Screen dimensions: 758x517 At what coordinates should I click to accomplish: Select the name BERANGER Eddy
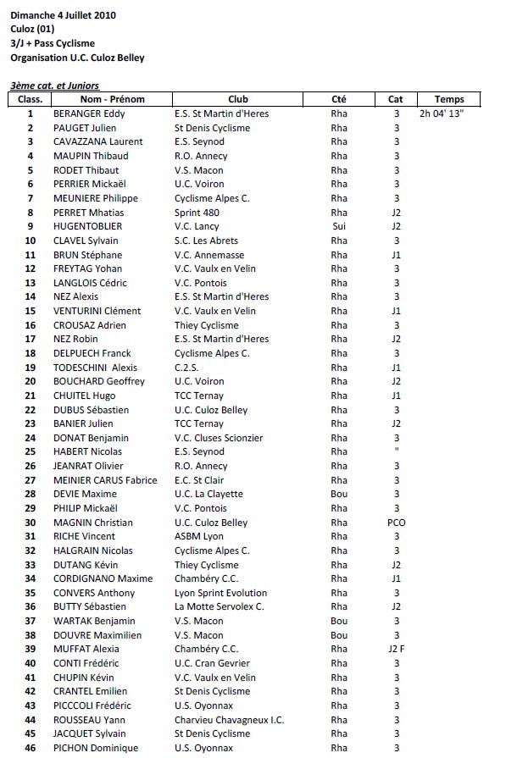(x=89, y=113)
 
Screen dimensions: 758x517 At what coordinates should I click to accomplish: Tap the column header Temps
(x=448, y=99)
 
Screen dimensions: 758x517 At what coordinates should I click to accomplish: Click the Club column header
(x=238, y=99)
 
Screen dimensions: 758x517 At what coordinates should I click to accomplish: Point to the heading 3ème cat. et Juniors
(x=55, y=86)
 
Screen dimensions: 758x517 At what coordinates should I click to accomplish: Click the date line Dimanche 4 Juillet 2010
(x=64, y=15)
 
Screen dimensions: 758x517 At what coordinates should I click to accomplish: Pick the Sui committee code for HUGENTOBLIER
(x=339, y=226)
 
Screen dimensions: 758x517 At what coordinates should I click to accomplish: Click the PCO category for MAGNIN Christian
(x=396, y=523)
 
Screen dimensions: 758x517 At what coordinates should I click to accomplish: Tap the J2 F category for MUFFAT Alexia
(x=396, y=650)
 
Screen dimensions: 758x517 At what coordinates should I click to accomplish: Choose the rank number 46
(x=31, y=748)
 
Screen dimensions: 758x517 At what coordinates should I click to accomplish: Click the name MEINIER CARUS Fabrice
(x=105, y=480)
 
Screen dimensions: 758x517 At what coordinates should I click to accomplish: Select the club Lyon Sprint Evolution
(x=220, y=593)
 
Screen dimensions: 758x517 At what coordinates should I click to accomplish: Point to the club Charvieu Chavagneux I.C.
(x=229, y=720)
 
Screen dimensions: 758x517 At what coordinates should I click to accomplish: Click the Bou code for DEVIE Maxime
(x=339, y=494)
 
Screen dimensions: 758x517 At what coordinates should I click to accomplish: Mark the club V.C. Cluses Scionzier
(x=219, y=438)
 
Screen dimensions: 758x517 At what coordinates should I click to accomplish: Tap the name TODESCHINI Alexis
(x=95, y=368)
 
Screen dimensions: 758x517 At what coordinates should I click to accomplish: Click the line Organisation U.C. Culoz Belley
(x=77, y=58)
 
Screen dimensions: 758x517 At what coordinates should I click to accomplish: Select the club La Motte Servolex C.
(x=220, y=606)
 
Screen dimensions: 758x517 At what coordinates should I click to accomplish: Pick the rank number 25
(x=31, y=451)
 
